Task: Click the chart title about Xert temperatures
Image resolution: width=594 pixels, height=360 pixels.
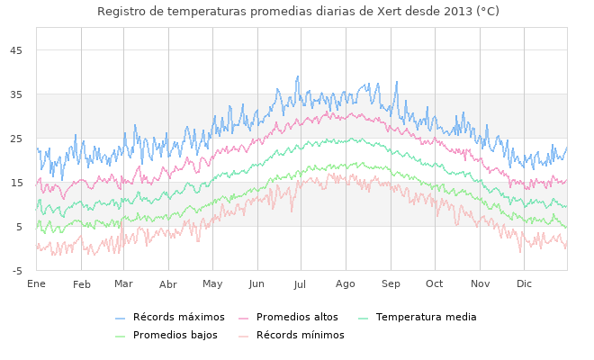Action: coord(297,11)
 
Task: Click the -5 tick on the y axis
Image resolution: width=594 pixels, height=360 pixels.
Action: coord(17,271)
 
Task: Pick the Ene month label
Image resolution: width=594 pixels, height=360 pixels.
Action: coord(37,284)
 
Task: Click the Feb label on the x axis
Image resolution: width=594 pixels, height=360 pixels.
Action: coord(82,284)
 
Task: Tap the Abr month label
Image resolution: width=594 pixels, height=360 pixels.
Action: coord(168,284)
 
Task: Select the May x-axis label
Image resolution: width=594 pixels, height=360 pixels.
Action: coord(212,284)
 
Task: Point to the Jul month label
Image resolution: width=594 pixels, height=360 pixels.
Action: coord(301,284)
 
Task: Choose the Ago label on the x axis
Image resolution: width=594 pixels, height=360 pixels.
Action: coord(346,284)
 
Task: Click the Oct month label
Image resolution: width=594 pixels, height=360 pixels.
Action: coord(435,284)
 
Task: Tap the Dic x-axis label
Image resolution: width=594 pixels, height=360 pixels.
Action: coord(524,284)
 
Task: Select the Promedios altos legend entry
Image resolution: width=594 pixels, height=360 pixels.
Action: coord(297,318)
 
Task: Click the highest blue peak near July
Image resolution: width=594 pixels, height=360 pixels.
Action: coord(298,76)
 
